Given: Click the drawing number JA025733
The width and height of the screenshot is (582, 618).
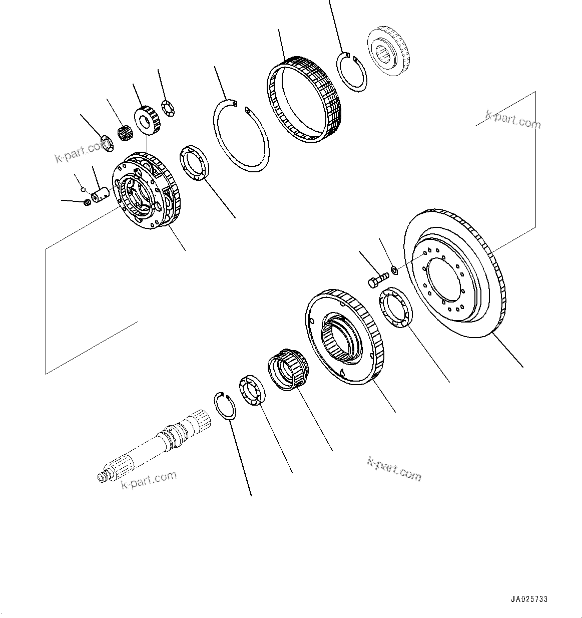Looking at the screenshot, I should point(529,599).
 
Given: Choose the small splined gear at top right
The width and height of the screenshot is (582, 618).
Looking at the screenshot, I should point(388,51).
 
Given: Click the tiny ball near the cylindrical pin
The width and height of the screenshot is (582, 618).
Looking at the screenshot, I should point(85,190).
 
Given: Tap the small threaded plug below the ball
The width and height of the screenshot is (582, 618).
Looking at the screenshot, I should point(86,202).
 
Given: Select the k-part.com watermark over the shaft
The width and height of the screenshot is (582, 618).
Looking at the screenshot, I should point(149,480).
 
